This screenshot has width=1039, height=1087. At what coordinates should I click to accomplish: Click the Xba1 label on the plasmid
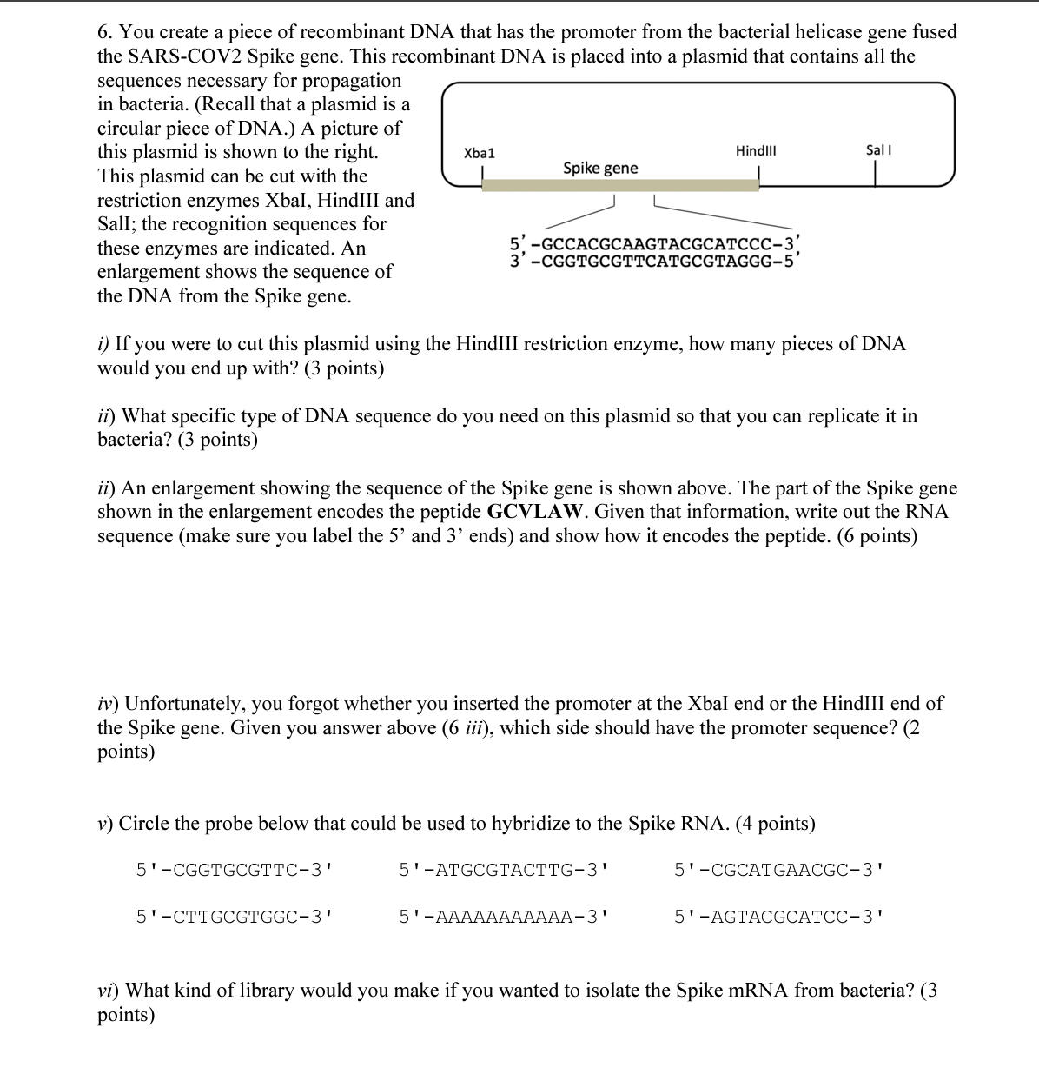pyautogui.click(x=479, y=153)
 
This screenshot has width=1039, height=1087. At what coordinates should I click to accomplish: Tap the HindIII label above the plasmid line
pyautogui.click(x=756, y=151)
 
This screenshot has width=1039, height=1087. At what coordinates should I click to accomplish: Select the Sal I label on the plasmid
pyautogui.click(x=878, y=150)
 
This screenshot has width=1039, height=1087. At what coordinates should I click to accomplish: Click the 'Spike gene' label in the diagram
pyautogui.click(x=599, y=168)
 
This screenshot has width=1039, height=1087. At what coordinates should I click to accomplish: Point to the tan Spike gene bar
pyautogui.click(x=620, y=185)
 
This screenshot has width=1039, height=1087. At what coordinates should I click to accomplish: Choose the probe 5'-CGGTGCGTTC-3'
pyautogui.click(x=235, y=869)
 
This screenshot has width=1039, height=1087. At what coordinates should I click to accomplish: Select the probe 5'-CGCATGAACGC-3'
pyautogui.click(x=780, y=869)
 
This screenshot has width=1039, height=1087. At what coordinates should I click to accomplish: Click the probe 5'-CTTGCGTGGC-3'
pyautogui.click(x=235, y=916)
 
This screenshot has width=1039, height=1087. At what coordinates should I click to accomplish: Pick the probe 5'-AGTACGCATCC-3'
pyautogui.click(x=780, y=916)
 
